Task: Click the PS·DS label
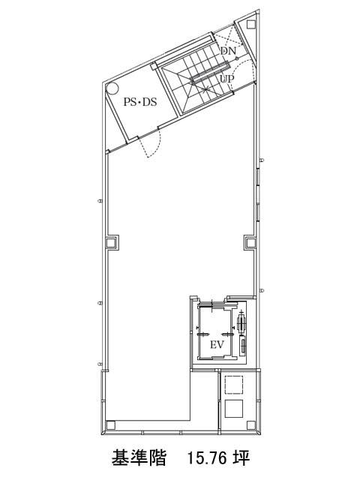pyautogui.click(x=140, y=102)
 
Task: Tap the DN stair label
pyautogui.click(x=228, y=51)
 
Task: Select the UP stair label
pyautogui.click(x=227, y=79)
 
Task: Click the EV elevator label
pyautogui.click(x=217, y=345)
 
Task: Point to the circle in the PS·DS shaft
pyautogui.click(x=112, y=88)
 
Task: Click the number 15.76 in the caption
pyautogui.click(x=207, y=458)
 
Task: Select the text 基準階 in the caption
pyautogui.click(x=139, y=458)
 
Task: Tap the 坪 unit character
pyautogui.click(x=241, y=458)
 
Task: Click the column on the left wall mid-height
pyautogui.click(x=111, y=243)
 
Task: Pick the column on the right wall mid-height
pyautogui.click(x=250, y=243)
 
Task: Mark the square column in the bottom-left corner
pyautogui.click(x=110, y=425)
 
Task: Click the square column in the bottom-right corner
pyautogui.click(x=251, y=425)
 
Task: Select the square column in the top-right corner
pyautogui.click(x=251, y=24)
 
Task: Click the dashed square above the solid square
pyautogui.click(x=233, y=385)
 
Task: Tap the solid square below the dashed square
pyautogui.click(x=233, y=409)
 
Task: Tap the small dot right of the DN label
pyautogui.click(x=237, y=57)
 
